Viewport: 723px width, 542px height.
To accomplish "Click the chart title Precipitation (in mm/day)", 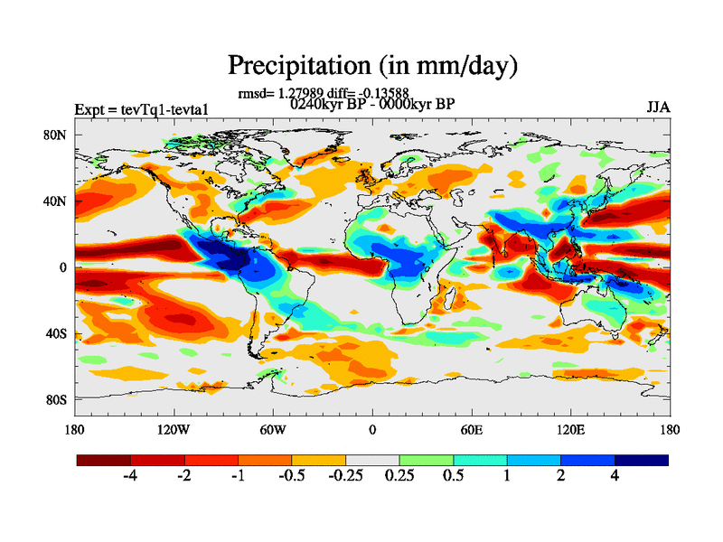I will (x=372, y=65).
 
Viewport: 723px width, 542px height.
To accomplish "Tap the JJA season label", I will (x=657, y=107).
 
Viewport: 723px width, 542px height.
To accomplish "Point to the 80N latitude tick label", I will (x=57, y=135).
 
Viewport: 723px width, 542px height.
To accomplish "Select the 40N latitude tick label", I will (x=57, y=201).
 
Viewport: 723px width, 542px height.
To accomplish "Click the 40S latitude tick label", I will (x=57, y=333).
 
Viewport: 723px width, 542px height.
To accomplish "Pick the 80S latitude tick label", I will (x=57, y=399).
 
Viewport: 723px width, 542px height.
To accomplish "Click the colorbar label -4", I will (x=130, y=475).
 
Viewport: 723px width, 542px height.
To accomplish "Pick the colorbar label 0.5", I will (x=453, y=475).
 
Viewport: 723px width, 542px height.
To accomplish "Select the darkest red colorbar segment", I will (x=104, y=460).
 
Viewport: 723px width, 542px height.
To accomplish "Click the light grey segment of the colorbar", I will (x=372, y=460).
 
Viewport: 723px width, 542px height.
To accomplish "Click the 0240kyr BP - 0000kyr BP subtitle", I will (x=372, y=103).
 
